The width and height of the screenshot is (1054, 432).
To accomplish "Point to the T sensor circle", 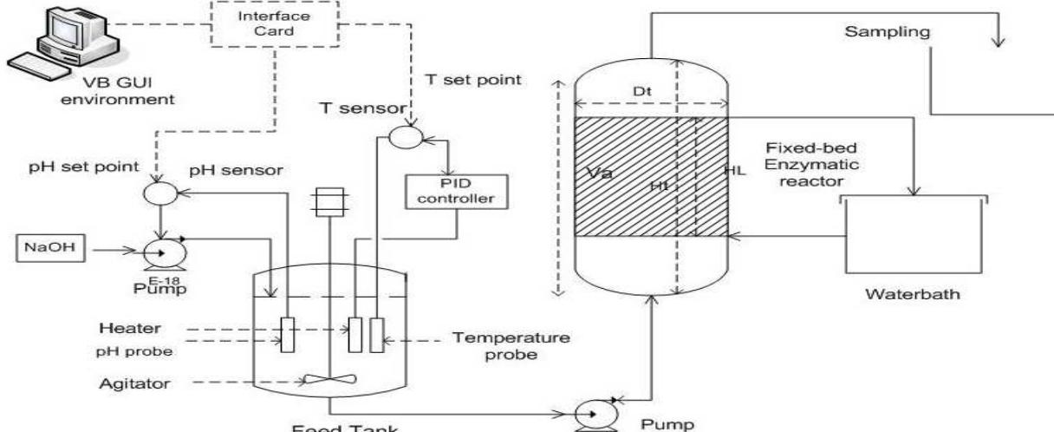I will [x=400, y=136].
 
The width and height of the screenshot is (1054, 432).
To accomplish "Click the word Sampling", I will [x=881, y=33].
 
